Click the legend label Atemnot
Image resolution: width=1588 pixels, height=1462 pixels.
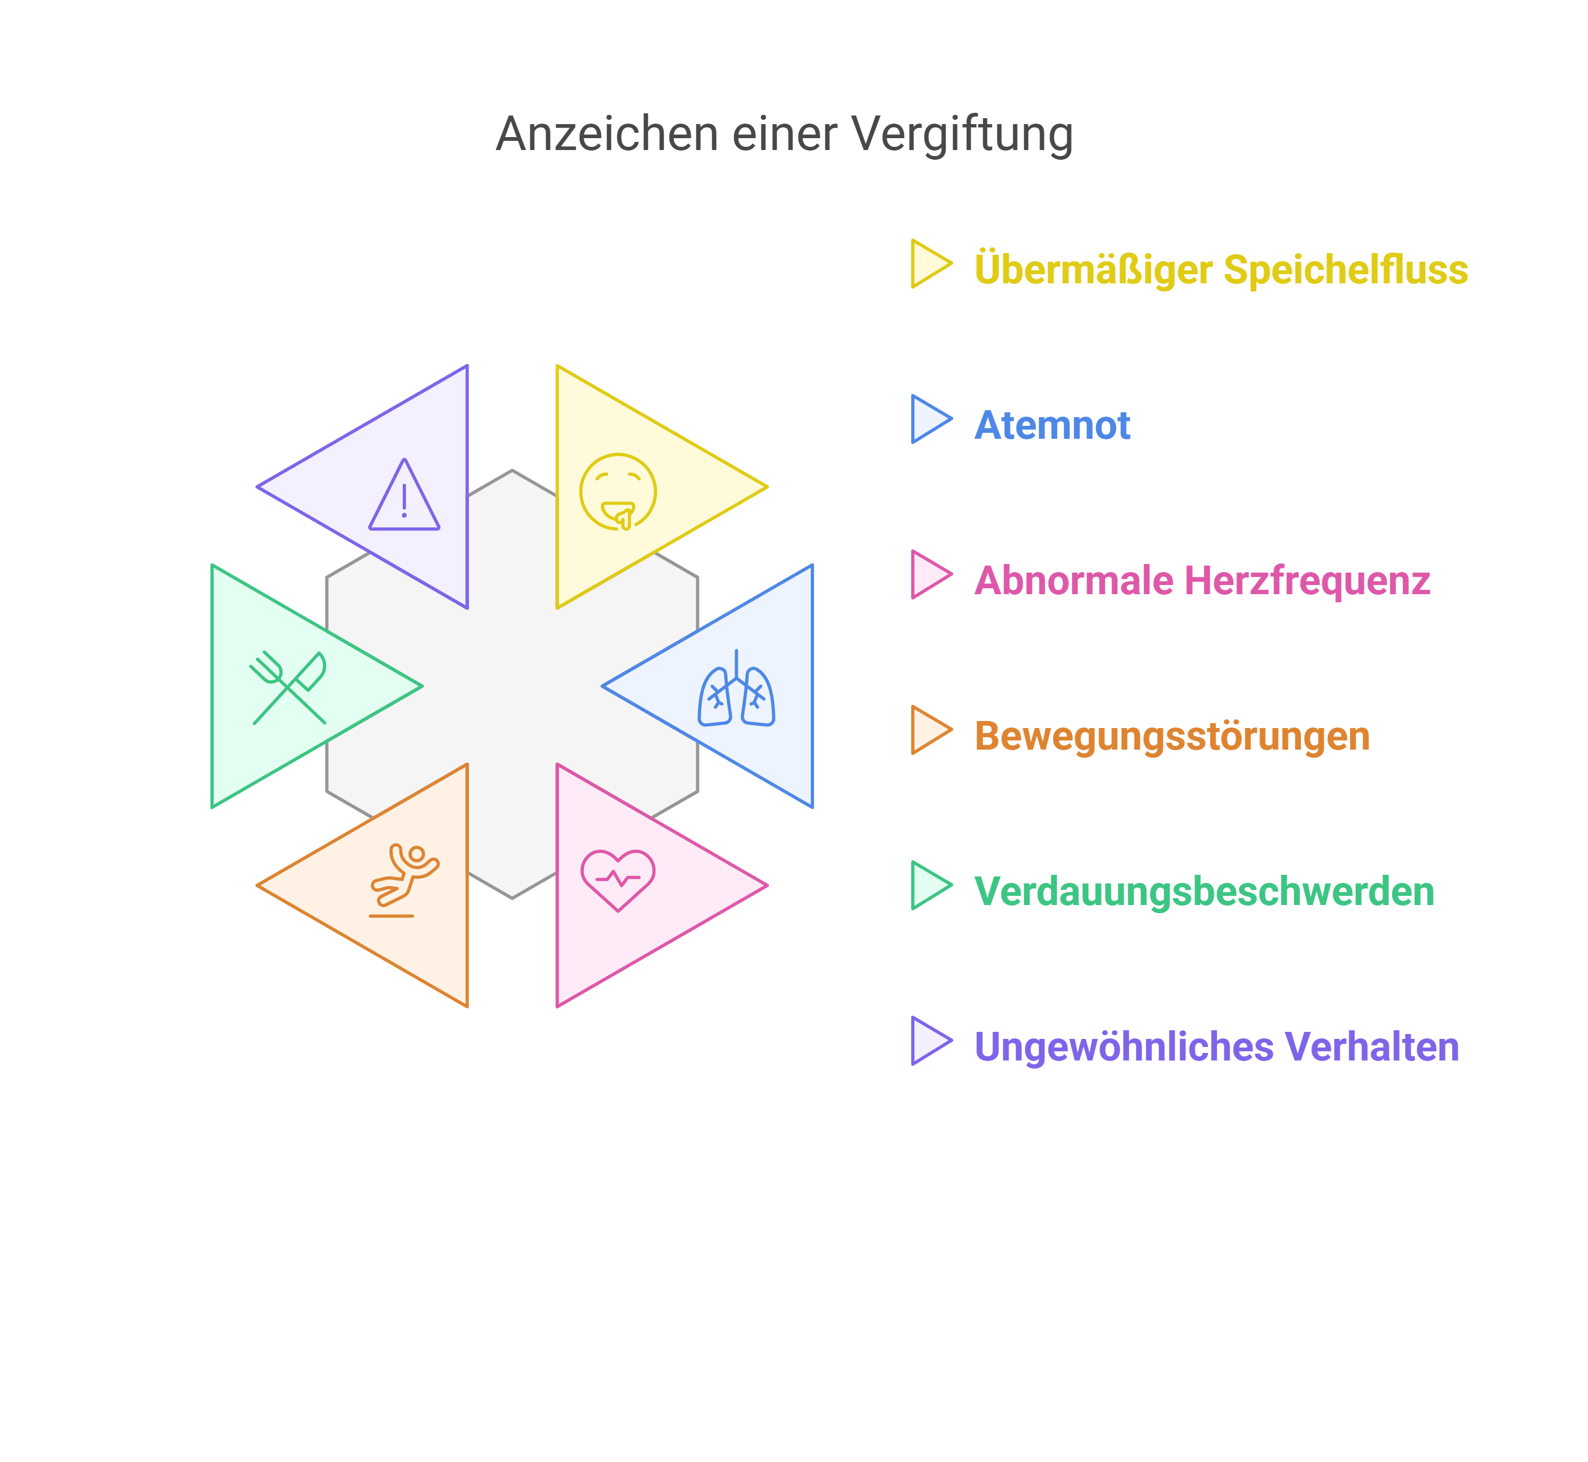(x=1051, y=426)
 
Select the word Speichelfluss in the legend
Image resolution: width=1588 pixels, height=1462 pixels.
(x=1345, y=270)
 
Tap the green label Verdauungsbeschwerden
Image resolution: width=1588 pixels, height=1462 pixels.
(x=1204, y=892)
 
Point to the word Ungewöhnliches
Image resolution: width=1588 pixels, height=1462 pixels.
(x=1124, y=1048)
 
